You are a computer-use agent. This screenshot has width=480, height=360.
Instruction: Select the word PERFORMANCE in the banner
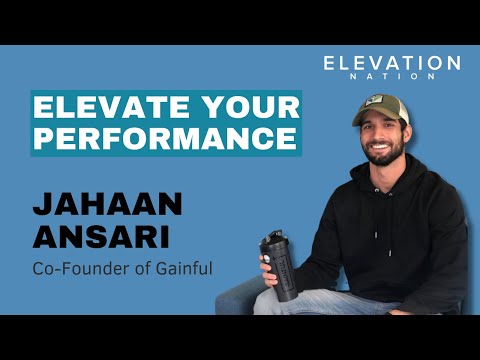point(164,138)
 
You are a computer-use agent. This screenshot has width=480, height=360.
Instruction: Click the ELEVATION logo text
point(392,63)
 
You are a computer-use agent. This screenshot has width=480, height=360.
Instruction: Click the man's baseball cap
point(383,108)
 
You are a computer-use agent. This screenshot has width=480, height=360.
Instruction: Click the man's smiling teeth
point(379,155)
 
